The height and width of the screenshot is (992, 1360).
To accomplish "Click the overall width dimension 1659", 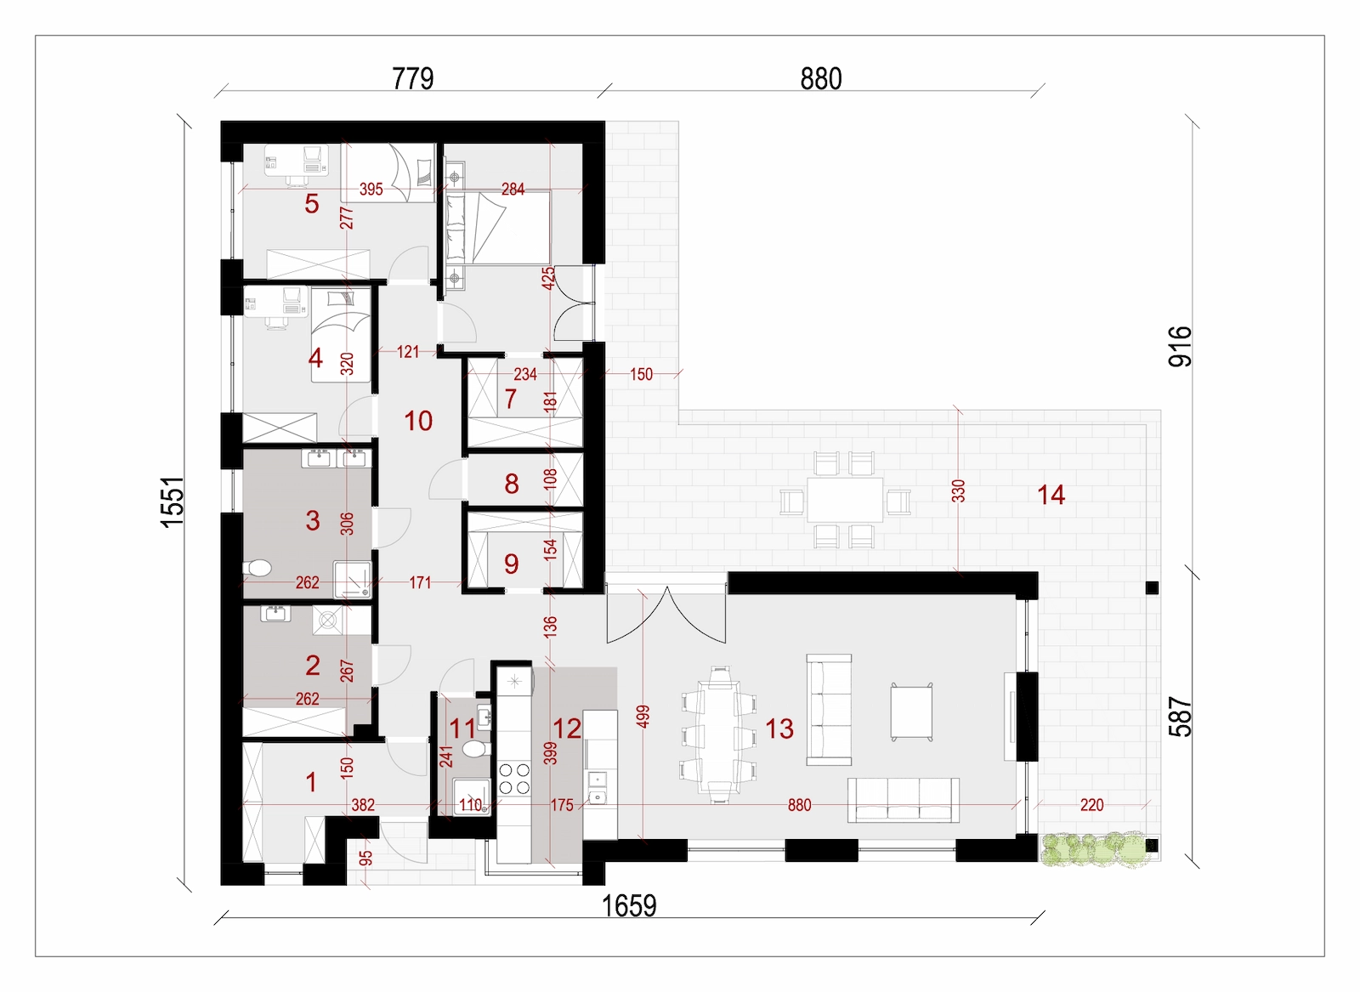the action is click(629, 906).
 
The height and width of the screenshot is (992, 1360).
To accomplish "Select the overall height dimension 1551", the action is click(173, 502).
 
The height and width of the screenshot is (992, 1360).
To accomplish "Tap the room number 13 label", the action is click(779, 728).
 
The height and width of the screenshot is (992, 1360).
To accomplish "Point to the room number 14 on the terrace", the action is click(1051, 495).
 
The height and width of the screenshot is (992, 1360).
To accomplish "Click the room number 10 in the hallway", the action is click(417, 421).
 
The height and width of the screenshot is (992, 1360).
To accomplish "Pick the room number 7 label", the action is click(511, 399).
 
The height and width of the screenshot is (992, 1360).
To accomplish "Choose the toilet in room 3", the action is click(257, 568).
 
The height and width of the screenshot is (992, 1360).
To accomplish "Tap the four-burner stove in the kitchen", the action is click(514, 779).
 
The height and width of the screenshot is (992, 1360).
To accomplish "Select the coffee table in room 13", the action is click(911, 712).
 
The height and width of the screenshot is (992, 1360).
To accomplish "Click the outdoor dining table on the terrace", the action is click(845, 500).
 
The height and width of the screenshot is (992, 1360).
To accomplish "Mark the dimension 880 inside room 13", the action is click(799, 805).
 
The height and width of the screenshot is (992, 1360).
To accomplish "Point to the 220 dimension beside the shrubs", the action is click(1091, 805).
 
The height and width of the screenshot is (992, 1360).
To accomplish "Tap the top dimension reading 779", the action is click(413, 78).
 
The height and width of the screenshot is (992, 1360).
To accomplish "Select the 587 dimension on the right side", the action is click(1180, 717).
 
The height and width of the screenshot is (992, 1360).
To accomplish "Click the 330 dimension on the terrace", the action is click(957, 491).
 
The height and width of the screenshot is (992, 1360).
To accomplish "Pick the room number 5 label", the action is click(311, 204).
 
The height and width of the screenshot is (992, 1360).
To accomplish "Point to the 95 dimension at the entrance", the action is click(365, 859).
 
